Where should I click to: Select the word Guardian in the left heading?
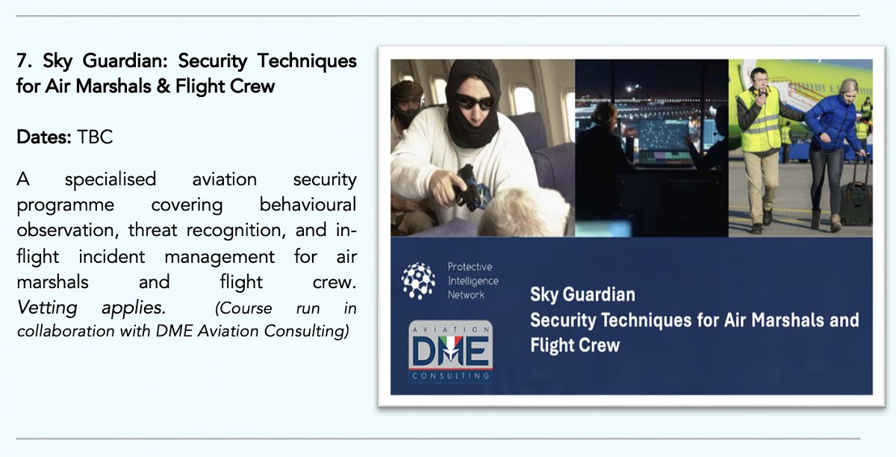[x=125, y=61]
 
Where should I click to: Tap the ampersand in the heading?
[x=163, y=87]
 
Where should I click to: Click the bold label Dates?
[x=44, y=137]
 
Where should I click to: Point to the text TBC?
[x=95, y=137]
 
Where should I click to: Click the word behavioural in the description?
[x=308, y=205]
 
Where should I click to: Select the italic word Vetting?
[x=47, y=308]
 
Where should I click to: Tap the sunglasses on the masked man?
[x=474, y=102]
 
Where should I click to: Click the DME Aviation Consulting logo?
[x=451, y=352]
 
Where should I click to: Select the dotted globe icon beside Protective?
[x=418, y=281]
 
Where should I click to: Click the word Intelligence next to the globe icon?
[x=473, y=281]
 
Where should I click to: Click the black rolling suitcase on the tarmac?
[x=855, y=203]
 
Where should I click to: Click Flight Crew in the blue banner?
[x=575, y=345]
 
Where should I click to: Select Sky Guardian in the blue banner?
[x=582, y=294]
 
